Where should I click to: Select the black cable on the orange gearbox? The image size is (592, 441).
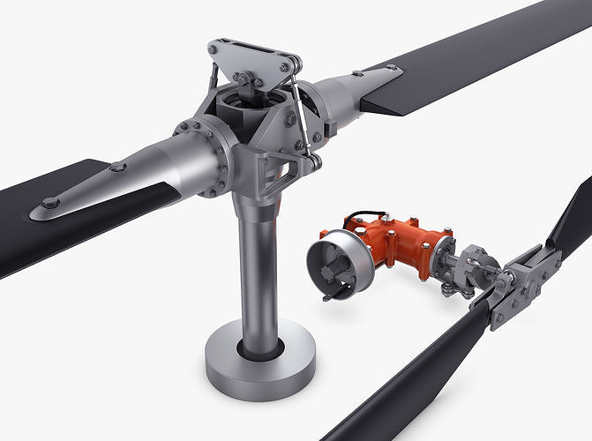pyautogui.click(x=365, y=215)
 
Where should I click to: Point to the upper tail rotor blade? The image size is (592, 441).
pyautogui.click(x=572, y=220)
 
